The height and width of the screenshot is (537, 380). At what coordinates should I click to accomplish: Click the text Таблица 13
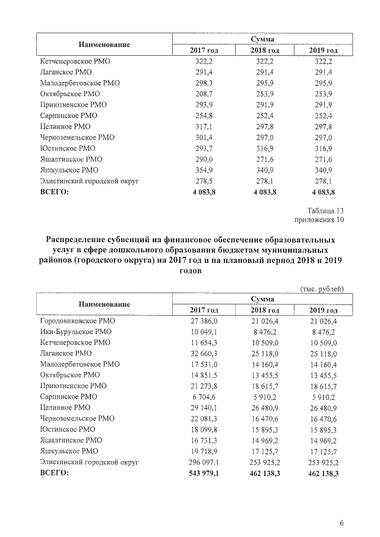point(325,211)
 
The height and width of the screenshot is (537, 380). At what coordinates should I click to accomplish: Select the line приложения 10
point(319,220)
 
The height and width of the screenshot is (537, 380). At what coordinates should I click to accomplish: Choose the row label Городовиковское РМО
point(77,321)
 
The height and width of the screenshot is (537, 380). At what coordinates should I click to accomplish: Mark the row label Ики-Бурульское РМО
point(75,332)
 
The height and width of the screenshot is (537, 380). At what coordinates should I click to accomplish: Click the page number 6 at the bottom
point(341,523)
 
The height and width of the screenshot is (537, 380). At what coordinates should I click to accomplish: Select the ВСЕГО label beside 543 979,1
point(54,473)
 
